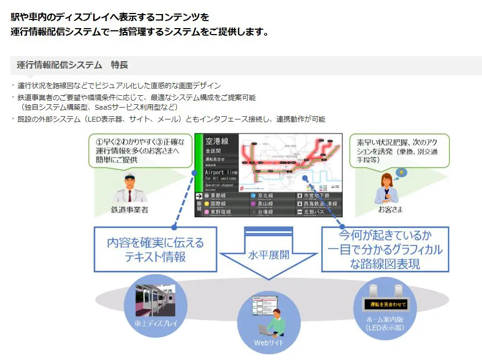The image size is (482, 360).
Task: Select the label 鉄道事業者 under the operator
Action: tap(129, 209)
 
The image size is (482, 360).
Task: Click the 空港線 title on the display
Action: tap(217, 142)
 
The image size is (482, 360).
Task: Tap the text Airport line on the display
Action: tap(221, 172)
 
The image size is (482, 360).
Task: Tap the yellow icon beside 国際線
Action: tap(206, 204)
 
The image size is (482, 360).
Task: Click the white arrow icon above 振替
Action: tap(199, 196)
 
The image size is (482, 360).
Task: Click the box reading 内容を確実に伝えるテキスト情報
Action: tap(155, 249)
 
